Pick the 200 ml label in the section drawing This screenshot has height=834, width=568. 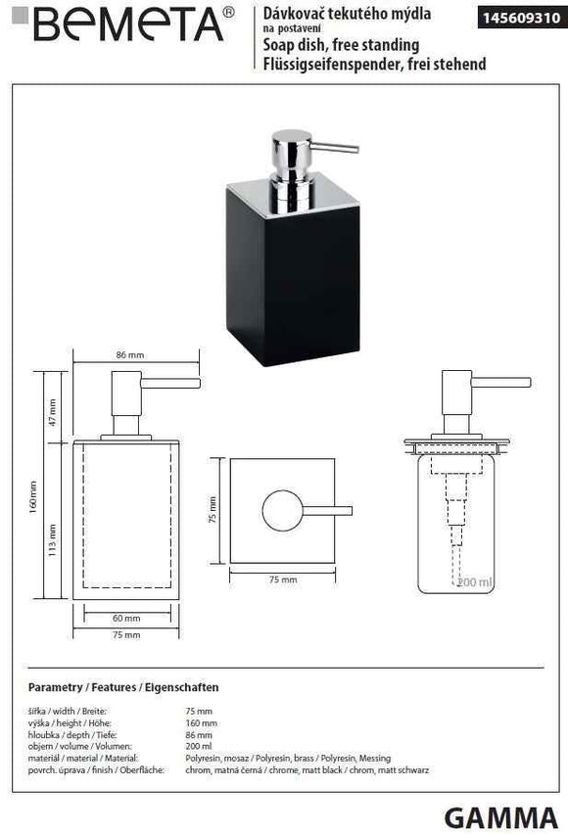[476, 582]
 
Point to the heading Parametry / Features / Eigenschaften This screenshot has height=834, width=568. [123, 688]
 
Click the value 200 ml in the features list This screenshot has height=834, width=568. [199, 747]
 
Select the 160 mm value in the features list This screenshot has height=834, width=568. [201, 723]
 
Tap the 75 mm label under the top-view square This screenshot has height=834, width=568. [282, 580]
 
